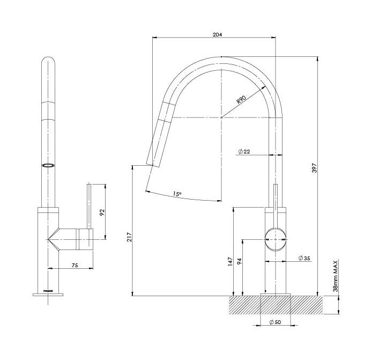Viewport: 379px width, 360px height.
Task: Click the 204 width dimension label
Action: point(217,34)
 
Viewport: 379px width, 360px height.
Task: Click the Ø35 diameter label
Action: point(303,259)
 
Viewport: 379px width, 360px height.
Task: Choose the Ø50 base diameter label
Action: point(276,322)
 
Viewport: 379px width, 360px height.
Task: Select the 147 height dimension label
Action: point(230,262)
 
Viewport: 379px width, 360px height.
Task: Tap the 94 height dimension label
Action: point(239,262)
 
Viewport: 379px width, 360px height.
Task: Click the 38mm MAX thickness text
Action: point(335,277)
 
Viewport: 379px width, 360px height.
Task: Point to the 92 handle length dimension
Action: point(102,212)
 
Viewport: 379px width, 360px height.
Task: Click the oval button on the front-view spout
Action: point(48,165)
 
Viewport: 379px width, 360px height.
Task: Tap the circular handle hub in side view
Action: point(276,239)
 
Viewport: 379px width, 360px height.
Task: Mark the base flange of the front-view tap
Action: point(49,293)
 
